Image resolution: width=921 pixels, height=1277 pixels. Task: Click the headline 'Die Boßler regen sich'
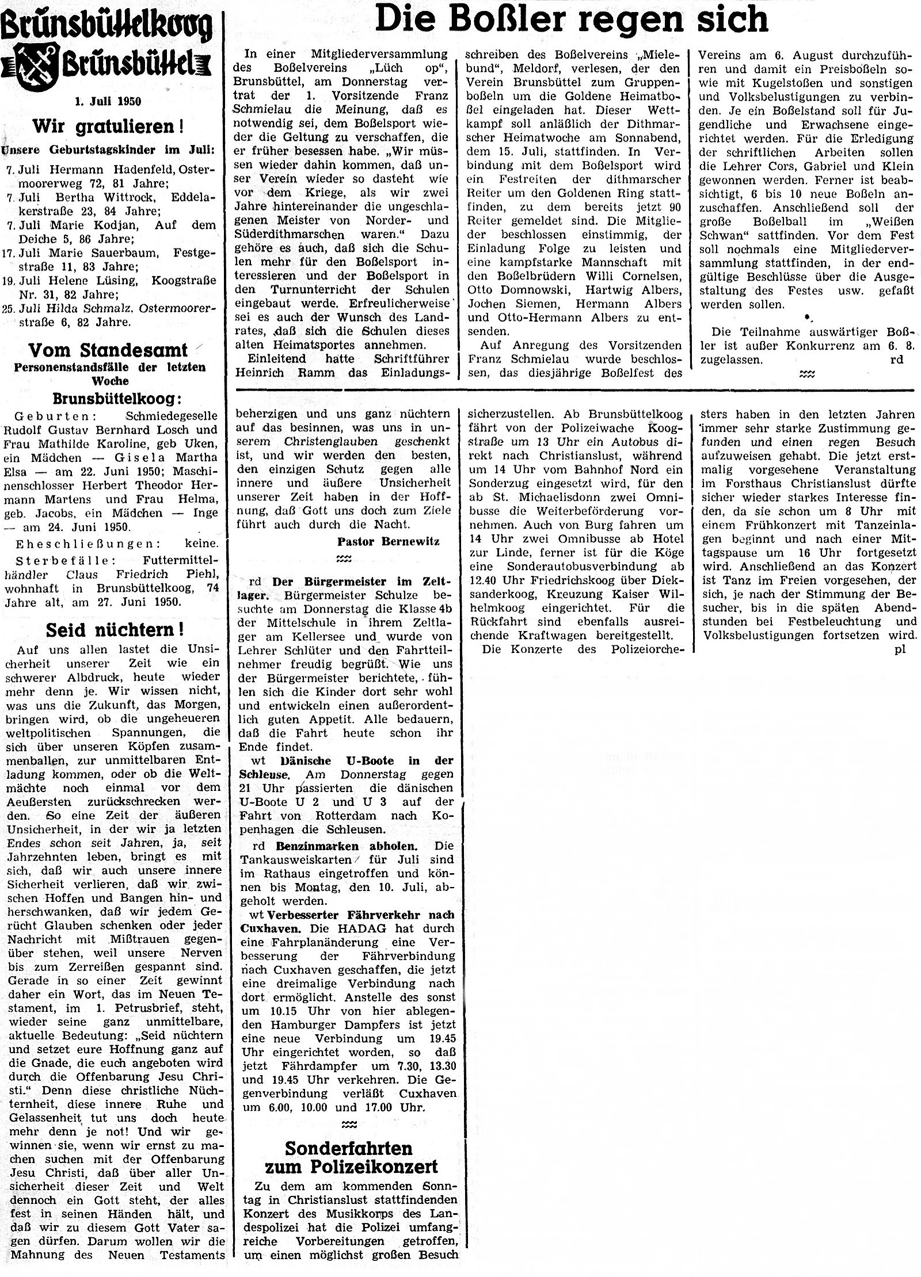tap(571, 20)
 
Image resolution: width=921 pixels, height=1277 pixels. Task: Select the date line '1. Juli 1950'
tap(108, 102)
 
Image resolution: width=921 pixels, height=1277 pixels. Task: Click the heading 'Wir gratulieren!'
tap(108, 126)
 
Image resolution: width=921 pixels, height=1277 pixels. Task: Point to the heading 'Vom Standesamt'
tap(108, 350)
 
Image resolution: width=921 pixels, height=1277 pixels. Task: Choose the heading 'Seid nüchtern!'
tap(115, 630)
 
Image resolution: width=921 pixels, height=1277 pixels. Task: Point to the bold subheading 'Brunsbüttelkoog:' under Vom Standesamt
tap(108, 399)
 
